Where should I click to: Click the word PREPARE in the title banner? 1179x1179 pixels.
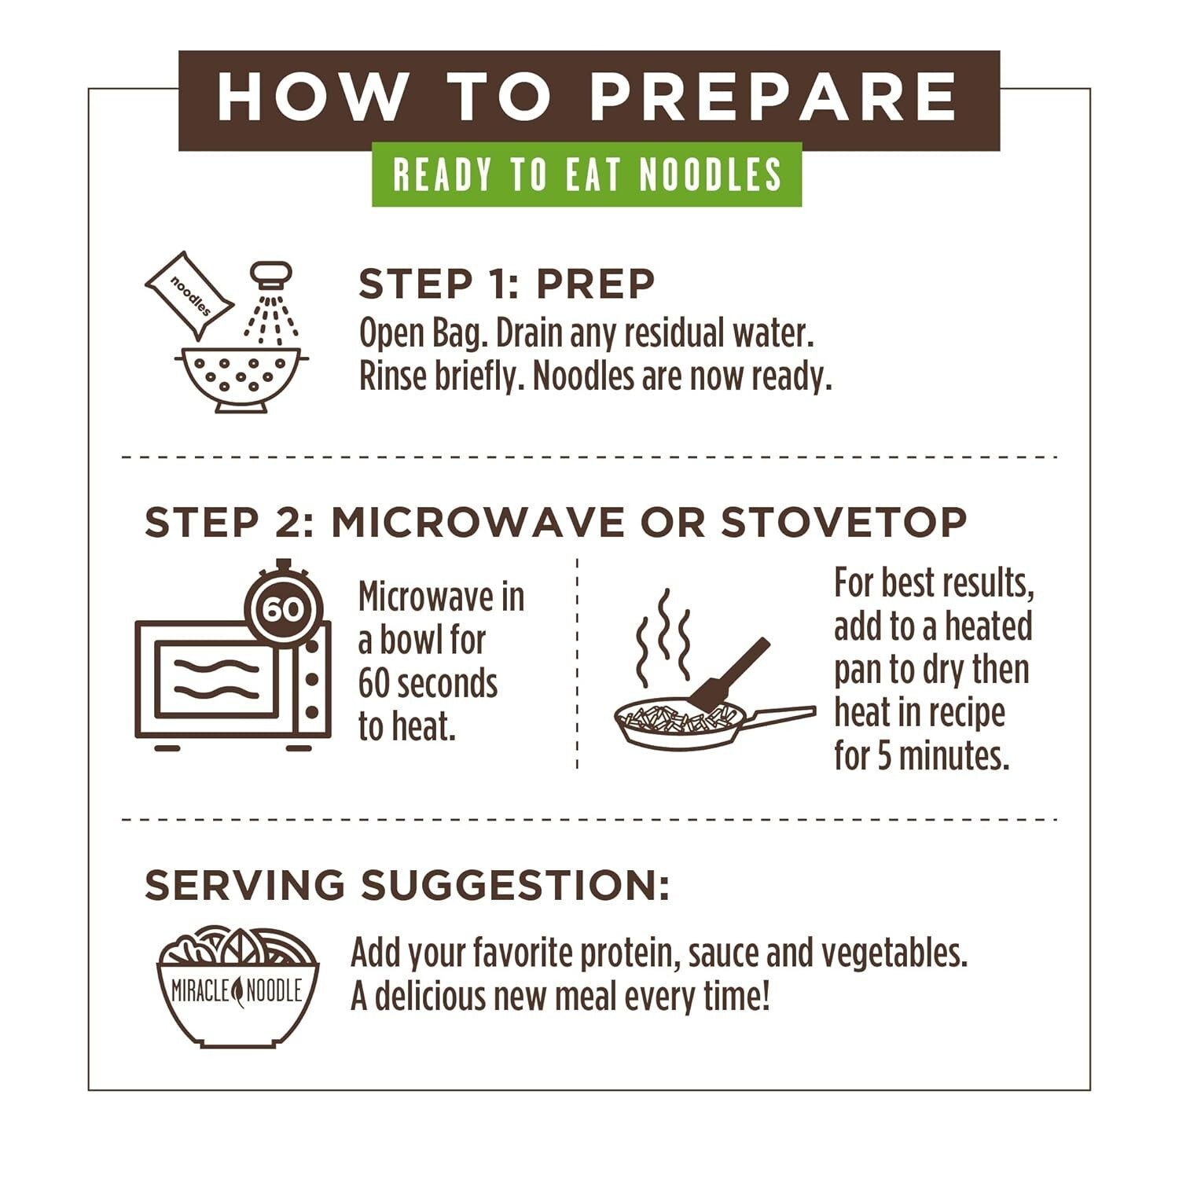[773, 97]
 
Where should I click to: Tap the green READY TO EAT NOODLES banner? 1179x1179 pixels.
[586, 174]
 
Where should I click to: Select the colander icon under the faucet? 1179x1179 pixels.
[241, 377]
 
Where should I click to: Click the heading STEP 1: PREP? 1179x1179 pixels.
[506, 284]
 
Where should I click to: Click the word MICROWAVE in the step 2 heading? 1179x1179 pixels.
[478, 523]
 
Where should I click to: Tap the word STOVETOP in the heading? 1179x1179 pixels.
[843, 523]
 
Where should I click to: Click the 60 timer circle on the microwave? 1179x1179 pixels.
[283, 608]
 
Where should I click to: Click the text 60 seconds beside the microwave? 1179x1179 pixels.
[428, 684]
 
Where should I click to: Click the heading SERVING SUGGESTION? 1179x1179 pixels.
[407, 885]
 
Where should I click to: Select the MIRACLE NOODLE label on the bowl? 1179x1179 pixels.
[237, 991]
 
